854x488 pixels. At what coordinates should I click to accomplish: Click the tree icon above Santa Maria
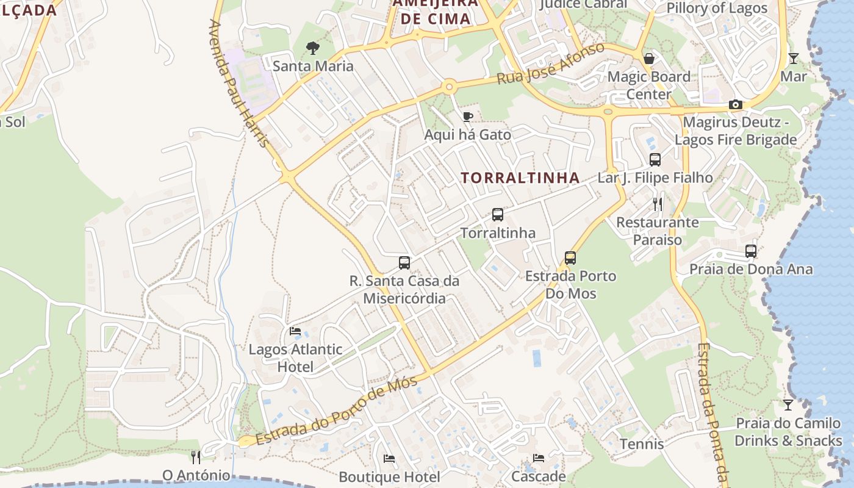pyautogui.click(x=313, y=48)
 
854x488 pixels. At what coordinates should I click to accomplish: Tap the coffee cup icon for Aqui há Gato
pyautogui.click(x=468, y=117)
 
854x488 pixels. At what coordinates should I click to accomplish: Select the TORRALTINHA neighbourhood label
pyautogui.click(x=520, y=178)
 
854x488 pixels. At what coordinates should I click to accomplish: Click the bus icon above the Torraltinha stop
pyautogui.click(x=498, y=215)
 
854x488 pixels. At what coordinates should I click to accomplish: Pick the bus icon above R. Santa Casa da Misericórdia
pyautogui.click(x=404, y=263)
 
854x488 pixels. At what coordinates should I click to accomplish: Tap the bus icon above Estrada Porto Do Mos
pyautogui.click(x=570, y=258)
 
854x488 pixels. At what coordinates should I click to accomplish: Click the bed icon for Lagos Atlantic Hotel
pyautogui.click(x=295, y=331)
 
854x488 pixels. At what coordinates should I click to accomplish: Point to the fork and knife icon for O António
pyautogui.click(x=196, y=457)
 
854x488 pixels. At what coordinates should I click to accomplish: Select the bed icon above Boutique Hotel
pyautogui.click(x=389, y=459)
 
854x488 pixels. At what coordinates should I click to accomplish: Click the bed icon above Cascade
pyautogui.click(x=539, y=458)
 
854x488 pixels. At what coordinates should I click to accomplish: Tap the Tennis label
pyautogui.click(x=642, y=443)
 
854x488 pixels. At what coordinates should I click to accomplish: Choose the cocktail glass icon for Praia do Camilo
pyautogui.click(x=788, y=405)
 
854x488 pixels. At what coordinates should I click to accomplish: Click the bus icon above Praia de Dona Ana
pyautogui.click(x=751, y=251)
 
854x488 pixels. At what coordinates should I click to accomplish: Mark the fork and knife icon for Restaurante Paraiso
pyautogui.click(x=657, y=204)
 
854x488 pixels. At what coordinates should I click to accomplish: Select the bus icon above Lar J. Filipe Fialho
pyautogui.click(x=655, y=160)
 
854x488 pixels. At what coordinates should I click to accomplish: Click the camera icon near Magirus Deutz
pyautogui.click(x=736, y=105)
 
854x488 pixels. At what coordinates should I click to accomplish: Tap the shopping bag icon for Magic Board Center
pyautogui.click(x=649, y=59)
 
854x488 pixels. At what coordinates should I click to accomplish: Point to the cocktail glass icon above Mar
pyautogui.click(x=793, y=59)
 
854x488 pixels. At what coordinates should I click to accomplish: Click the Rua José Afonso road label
pyautogui.click(x=550, y=64)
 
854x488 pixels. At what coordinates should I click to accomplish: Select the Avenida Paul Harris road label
pyautogui.click(x=239, y=84)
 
